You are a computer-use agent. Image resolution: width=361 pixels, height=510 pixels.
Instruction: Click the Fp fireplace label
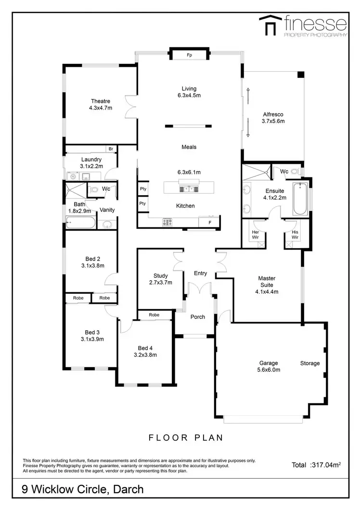pyautogui.click(x=189, y=55)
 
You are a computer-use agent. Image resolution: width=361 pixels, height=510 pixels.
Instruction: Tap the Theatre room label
pyautogui.click(x=101, y=101)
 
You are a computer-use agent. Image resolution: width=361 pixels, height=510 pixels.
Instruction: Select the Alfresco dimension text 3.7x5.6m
pyautogui.click(x=273, y=121)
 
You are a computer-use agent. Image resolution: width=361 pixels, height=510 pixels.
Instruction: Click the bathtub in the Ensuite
pyautogui.click(x=299, y=199)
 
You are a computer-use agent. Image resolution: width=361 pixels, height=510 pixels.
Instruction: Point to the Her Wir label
pyautogui.click(x=256, y=234)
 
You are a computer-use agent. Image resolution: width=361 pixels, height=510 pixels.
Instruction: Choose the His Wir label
pyautogui.click(x=295, y=234)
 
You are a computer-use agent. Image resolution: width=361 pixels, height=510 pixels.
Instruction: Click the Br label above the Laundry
pyautogui.click(x=110, y=149)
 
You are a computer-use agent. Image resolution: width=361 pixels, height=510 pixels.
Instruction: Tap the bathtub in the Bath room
pyautogui.click(x=80, y=223)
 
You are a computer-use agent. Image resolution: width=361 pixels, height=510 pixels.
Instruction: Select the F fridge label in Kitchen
pyautogui.click(x=209, y=223)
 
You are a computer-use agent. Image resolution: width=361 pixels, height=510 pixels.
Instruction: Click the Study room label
pyautogui.click(x=160, y=275)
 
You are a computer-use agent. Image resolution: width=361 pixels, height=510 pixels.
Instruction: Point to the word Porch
pyautogui.click(x=197, y=317)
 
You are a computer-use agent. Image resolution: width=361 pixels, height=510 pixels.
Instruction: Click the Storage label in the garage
pyautogui.click(x=310, y=363)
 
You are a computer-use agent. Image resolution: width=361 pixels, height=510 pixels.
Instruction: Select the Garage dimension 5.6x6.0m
pyautogui.click(x=269, y=370)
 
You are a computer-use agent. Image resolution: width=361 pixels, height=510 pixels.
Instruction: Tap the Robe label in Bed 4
pyautogui.click(x=154, y=315)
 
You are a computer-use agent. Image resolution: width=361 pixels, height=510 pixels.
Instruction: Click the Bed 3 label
pyautogui.click(x=92, y=332)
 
